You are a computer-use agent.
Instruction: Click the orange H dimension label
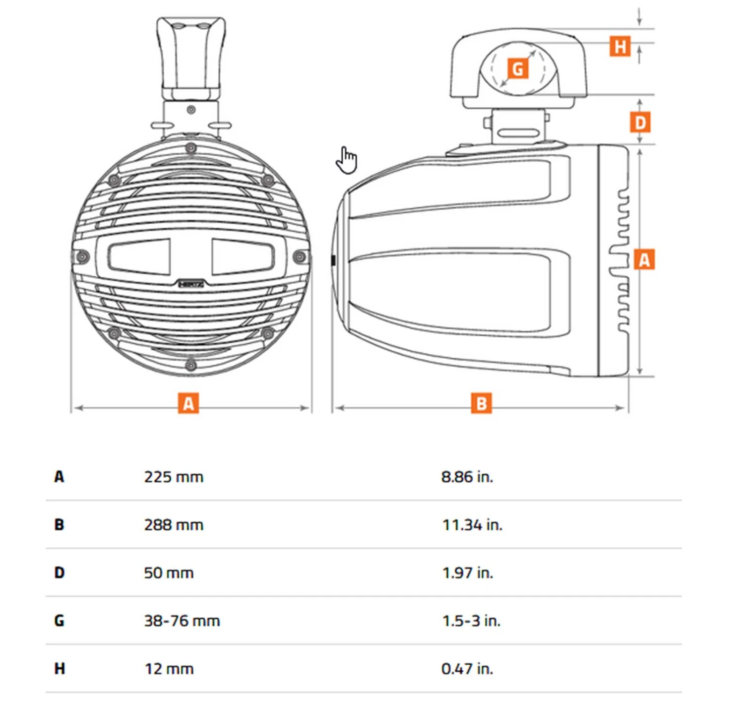click(x=620, y=46)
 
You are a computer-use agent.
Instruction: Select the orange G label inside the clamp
click(x=517, y=68)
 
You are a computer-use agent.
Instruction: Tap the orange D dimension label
click(x=640, y=122)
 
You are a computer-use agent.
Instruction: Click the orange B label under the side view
click(x=481, y=403)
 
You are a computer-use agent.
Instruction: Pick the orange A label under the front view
click(x=188, y=403)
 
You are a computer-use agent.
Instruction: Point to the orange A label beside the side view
click(x=644, y=259)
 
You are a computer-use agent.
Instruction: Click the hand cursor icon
click(x=347, y=160)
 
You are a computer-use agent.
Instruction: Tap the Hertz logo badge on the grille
click(x=191, y=284)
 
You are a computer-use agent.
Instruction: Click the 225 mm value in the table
click(x=174, y=477)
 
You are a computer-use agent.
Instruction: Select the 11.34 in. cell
click(x=472, y=525)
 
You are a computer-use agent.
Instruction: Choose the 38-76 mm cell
click(x=182, y=621)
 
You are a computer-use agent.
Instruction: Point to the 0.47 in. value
click(x=467, y=669)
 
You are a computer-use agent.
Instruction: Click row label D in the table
click(x=60, y=573)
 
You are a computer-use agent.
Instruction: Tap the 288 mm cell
click(x=174, y=525)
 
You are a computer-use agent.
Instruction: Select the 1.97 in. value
click(x=467, y=573)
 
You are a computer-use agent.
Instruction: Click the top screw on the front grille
click(x=190, y=148)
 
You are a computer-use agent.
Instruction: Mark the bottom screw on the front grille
click(x=190, y=366)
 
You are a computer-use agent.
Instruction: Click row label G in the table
click(x=60, y=621)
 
